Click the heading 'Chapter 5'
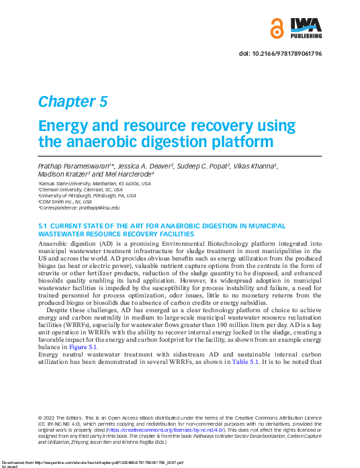73,101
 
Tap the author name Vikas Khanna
254,166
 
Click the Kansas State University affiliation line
94,183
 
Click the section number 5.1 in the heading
43,225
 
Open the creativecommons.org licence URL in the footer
177,428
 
